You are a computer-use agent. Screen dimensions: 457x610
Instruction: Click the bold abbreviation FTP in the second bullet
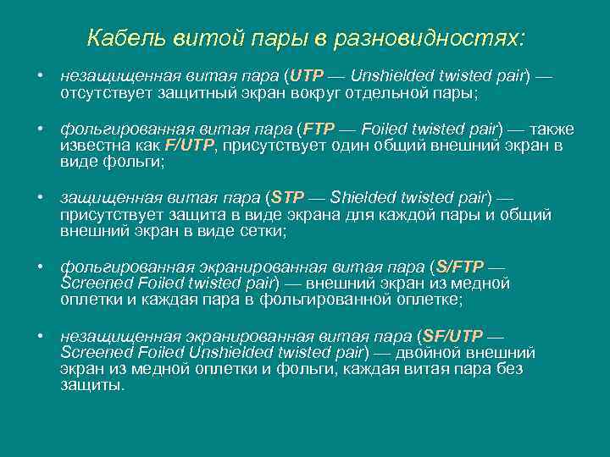(x=319, y=129)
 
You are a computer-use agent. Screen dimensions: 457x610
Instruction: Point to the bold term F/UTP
(x=191, y=146)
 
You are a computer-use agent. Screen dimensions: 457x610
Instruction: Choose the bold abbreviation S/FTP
(x=458, y=267)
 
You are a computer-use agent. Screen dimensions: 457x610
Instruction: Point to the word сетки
(x=263, y=231)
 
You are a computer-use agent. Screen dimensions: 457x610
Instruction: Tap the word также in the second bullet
(x=555, y=129)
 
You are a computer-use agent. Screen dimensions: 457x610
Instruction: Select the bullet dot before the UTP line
(x=40, y=75)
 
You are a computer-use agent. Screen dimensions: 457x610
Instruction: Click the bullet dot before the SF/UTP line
(x=40, y=336)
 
